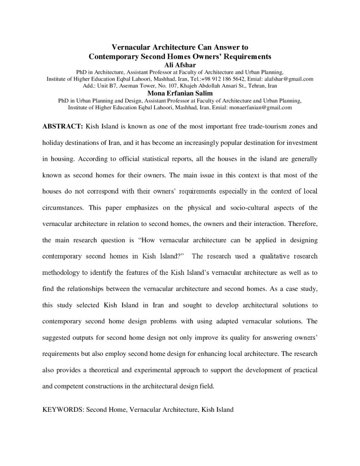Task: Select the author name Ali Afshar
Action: coord(180,65)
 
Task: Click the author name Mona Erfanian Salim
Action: coord(180,93)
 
